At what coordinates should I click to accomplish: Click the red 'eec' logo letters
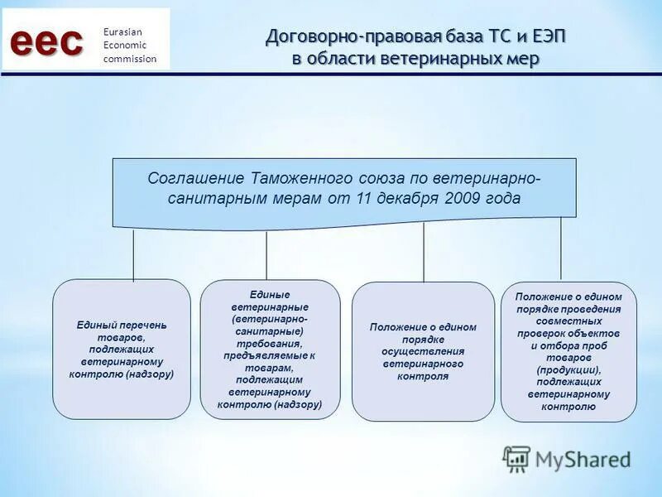point(47,41)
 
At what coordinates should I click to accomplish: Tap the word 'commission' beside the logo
point(129,59)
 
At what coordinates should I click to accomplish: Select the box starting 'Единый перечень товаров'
point(122,349)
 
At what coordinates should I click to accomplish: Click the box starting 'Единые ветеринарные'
point(270,349)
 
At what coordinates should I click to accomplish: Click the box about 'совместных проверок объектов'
point(568,351)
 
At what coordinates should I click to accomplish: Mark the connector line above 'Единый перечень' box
point(133,255)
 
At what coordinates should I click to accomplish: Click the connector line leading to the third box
point(424,253)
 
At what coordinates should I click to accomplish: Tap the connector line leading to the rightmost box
point(561,248)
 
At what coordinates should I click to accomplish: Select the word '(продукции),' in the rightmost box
point(568,369)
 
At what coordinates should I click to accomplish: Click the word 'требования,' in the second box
point(270,342)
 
